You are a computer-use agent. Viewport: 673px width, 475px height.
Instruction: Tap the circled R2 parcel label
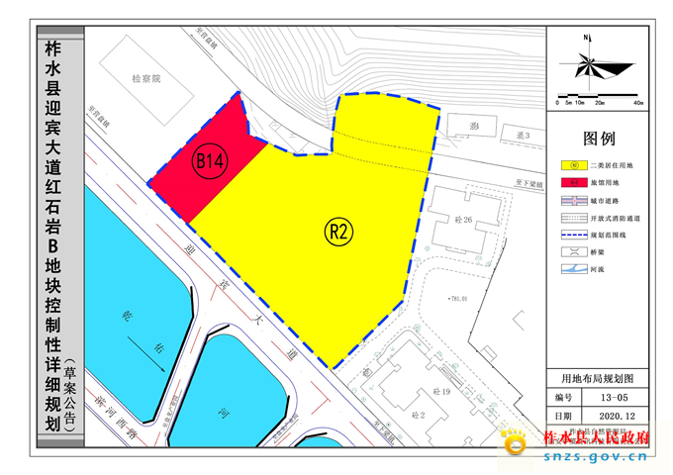338,233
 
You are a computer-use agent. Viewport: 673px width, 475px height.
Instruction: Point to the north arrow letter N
587,38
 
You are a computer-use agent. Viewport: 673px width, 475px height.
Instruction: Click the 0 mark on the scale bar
557,102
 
